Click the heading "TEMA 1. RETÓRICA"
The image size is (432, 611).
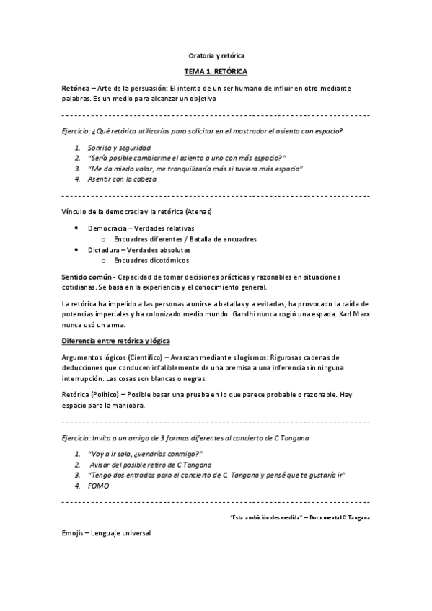(x=216, y=73)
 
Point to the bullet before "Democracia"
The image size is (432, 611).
(x=77, y=228)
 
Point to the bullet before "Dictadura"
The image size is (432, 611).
(x=77, y=249)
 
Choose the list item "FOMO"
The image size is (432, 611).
(x=98, y=486)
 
